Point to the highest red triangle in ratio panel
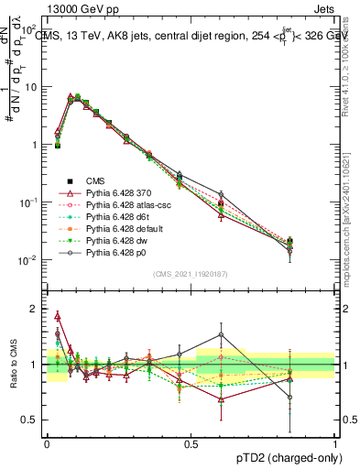click(x=58, y=316)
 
